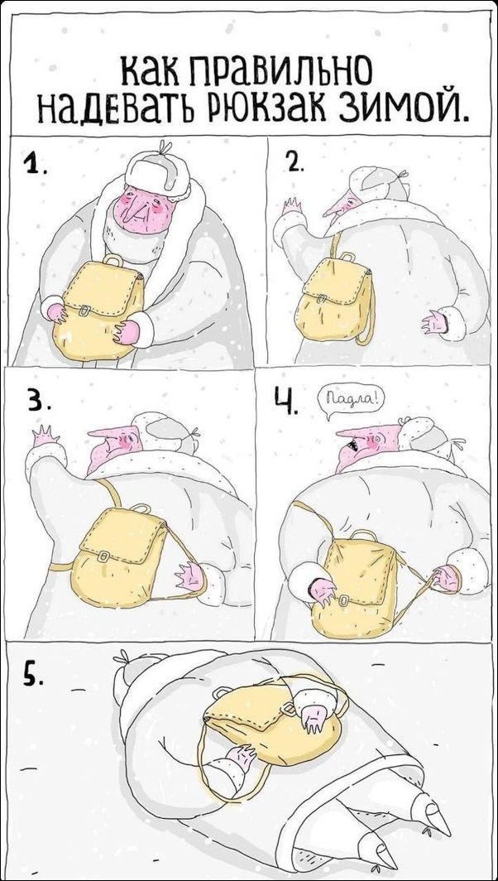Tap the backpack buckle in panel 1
(x=84, y=311)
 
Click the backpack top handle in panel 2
(x=347, y=257)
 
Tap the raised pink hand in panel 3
(x=46, y=436)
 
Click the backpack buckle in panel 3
(x=103, y=556)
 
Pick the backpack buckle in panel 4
(x=342, y=600)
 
